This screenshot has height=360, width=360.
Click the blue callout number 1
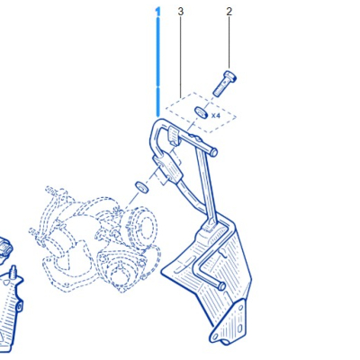click(157, 12)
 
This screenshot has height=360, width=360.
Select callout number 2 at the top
click(229, 12)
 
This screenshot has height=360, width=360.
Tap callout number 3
click(180, 12)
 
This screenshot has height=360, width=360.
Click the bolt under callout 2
click(224, 82)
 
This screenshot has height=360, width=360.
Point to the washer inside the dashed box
click(203, 113)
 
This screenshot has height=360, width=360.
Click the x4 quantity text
click(217, 115)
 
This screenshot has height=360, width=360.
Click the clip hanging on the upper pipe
click(171, 138)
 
